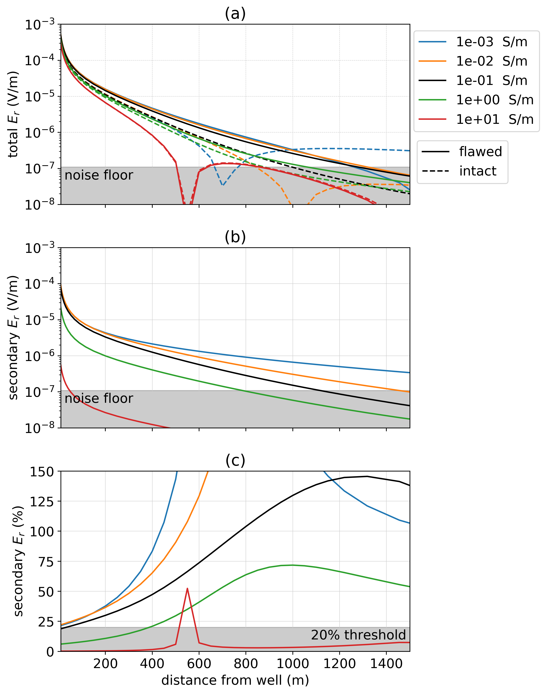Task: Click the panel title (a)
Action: [235, 14]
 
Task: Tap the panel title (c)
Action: [235, 460]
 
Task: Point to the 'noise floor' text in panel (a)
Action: [99, 175]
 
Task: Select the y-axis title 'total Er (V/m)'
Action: [13, 114]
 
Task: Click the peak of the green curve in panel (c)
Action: [292, 565]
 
